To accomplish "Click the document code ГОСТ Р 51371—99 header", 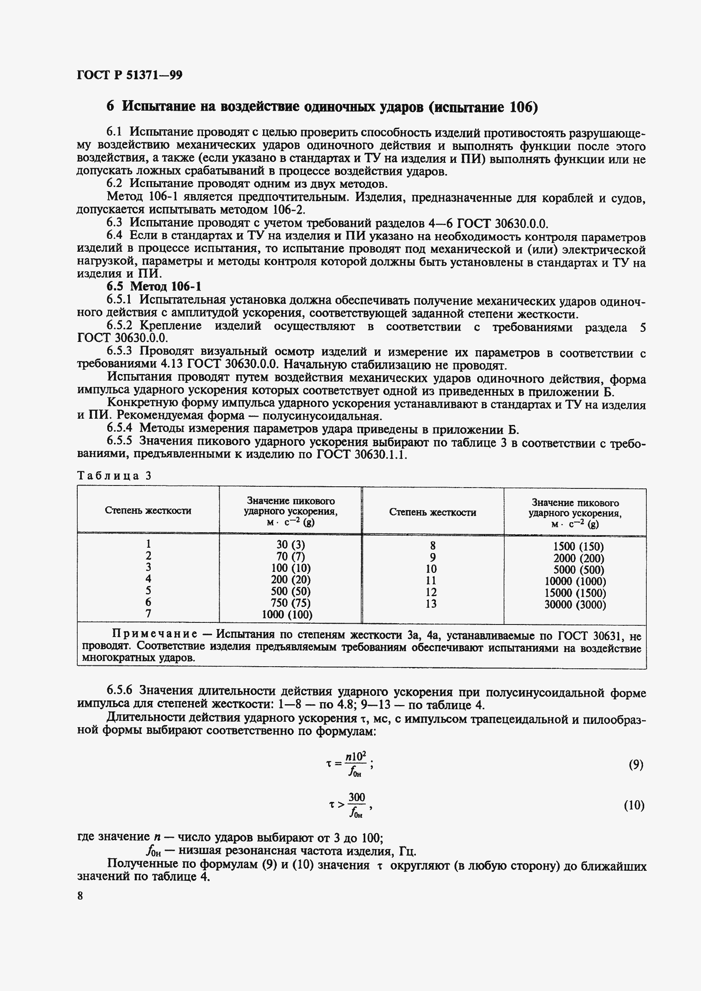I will click(129, 76).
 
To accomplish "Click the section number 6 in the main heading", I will click(111, 106).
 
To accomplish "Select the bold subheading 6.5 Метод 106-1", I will click(154, 287).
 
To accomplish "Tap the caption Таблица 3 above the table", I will click(114, 475).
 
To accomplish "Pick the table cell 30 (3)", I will click(291, 545).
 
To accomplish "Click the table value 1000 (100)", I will click(287, 614).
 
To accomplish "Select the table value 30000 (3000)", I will click(575, 604).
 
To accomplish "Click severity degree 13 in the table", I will click(431, 604).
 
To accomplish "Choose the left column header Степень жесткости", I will click(148, 511).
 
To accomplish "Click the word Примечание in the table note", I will click(154, 634).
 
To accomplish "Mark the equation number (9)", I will click(636, 765).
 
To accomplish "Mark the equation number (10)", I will click(634, 805).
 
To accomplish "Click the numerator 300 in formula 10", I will click(357, 797).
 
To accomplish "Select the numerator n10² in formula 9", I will click(356, 756).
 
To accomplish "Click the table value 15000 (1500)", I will click(575, 593).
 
